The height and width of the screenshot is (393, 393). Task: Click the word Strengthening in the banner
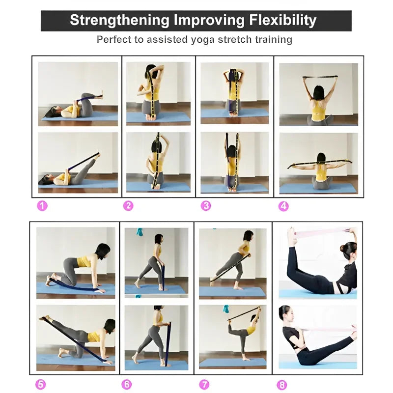click(x=119, y=21)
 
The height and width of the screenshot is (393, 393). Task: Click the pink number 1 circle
click(x=42, y=206)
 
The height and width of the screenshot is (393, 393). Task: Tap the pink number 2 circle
click(x=128, y=206)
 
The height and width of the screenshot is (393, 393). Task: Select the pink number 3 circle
click(x=206, y=206)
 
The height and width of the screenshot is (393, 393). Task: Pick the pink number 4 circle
click(x=283, y=206)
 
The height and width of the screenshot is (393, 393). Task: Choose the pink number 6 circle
click(x=127, y=384)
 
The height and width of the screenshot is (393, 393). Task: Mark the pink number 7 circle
click(x=204, y=384)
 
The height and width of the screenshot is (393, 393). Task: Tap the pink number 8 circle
click(x=282, y=385)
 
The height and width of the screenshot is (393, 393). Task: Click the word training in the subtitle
click(x=274, y=39)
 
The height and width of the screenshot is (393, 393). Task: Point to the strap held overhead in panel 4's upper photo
click(x=319, y=77)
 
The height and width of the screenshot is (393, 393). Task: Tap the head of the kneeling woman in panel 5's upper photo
click(x=104, y=250)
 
